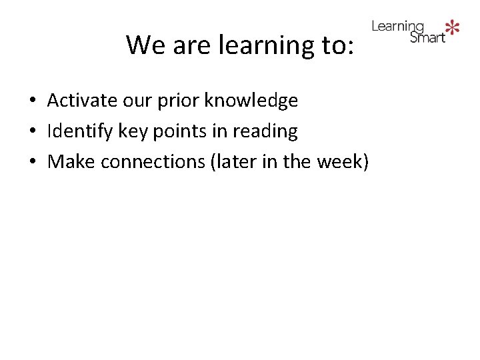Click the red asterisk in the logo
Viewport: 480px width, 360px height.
453,27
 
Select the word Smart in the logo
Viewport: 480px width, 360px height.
427,37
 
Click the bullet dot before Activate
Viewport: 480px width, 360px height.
32,102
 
